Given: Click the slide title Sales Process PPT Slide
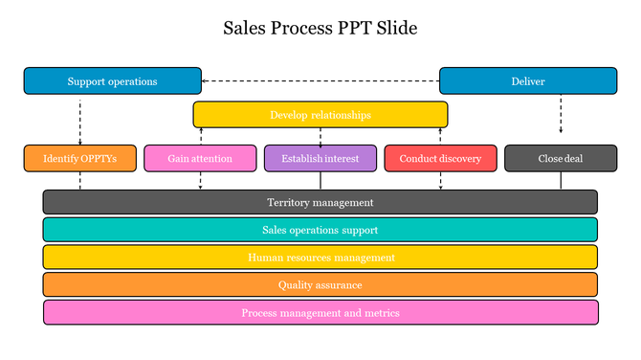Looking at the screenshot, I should click(x=320, y=28).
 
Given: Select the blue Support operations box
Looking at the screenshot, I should click(x=112, y=81).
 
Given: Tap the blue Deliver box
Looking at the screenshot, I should click(x=527, y=81).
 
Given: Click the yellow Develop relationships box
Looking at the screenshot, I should click(x=320, y=115).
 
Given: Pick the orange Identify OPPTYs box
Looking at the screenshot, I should click(x=80, y=158).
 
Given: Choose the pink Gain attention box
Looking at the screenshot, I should click(x=200, y=158).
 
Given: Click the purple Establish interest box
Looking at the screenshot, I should click(x=320, y=158).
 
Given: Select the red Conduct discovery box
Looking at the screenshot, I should click(x=440, y=158).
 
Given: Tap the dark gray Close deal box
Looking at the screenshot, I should click(x=561, y=158).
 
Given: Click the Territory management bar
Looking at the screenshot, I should click(x=320, y=202).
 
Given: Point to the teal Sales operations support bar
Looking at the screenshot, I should click(x=320, y=230).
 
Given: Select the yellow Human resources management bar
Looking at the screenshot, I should click(x=320, y=258).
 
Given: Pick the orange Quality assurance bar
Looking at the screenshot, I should click(x=320, y=284).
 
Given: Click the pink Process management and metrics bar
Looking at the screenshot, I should click(x=320, y=313).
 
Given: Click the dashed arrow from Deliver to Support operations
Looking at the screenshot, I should click(x=320, y=81).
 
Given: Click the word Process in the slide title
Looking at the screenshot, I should click(x=298, y=28).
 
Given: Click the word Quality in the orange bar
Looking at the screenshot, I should click(x=296, y=284).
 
